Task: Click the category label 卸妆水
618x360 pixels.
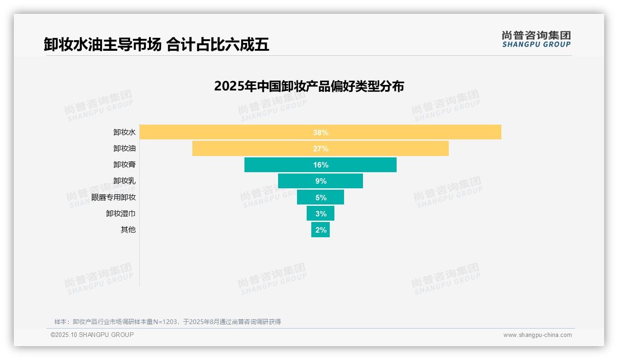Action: (125, 132)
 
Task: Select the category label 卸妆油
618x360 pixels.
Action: (125, 148)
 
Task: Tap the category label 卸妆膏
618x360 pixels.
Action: (125, 164)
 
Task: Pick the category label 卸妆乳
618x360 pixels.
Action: (125, 180)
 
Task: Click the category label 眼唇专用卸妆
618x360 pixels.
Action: (113, 197)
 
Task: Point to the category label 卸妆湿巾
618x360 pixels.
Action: (121, 213)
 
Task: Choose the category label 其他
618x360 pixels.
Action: (128, 229)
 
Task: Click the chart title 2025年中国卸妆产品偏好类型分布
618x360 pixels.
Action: (309, 86)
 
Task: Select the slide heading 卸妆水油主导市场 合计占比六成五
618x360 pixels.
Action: (156, 45)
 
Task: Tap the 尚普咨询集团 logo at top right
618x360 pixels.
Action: (536, 39)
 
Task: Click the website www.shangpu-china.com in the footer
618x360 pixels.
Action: (537, 335)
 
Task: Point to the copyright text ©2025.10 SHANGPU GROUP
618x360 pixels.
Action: (92, 335)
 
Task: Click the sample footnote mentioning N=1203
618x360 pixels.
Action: (168, 322)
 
